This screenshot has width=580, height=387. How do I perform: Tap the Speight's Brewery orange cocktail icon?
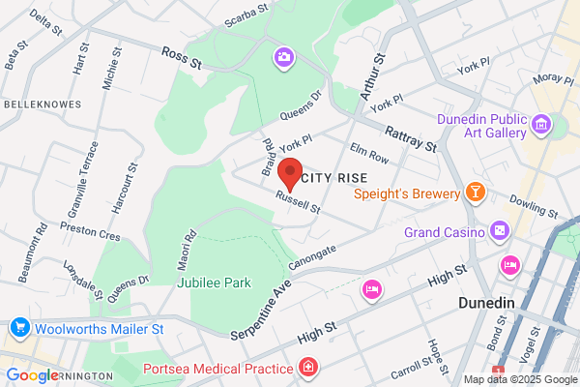475,192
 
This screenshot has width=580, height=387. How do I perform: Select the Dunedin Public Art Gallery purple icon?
540,124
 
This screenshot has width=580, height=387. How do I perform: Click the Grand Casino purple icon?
499,231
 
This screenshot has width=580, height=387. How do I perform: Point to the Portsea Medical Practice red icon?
307,369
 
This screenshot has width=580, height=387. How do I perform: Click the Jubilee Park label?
214,283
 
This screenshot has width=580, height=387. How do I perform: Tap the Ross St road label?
181,59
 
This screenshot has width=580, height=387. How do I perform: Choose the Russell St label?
297,202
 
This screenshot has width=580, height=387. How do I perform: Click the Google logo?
31,375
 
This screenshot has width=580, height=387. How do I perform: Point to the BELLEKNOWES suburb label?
36,103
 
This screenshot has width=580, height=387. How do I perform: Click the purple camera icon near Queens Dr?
284,58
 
